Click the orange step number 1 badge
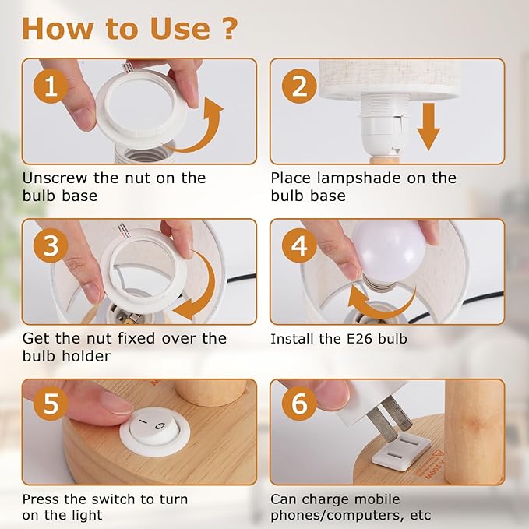51,86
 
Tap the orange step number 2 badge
299,86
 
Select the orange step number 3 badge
51,245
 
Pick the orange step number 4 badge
299,245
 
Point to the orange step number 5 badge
51,404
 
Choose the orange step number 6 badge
299,404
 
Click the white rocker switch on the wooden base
154,431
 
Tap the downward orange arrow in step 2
428,127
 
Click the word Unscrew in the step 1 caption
55,178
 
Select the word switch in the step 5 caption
111,499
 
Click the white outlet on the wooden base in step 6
401,451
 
